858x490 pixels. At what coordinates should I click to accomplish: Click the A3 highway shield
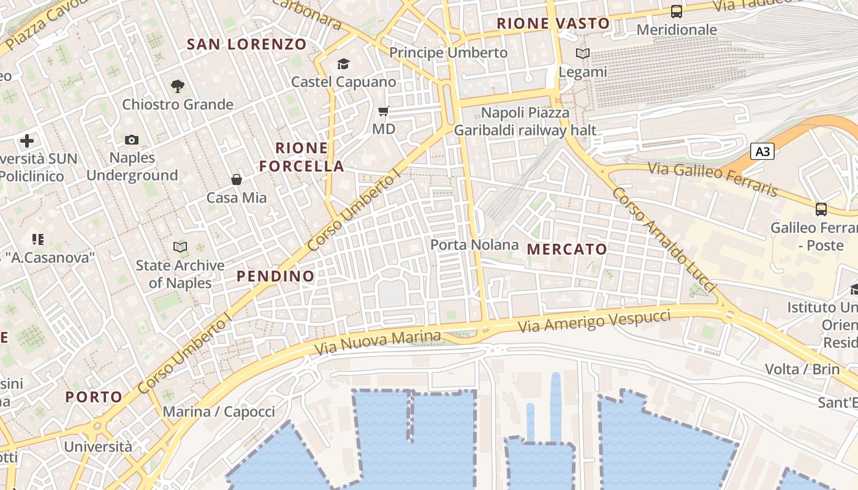pyautogui.click(x=762, y=151)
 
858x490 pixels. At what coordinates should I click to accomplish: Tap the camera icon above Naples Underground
pyautogui.click(x=132, y=140)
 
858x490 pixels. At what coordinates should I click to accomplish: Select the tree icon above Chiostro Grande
pyautogui.click(x=178, y=86)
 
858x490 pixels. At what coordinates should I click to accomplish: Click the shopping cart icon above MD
pyautogui.click(x=384, y=111)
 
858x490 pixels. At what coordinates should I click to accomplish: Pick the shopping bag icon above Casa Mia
pyautogui.click(x=237, y=179)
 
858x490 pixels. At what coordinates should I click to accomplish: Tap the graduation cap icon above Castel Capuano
pyautogui.click(x=343, y=64)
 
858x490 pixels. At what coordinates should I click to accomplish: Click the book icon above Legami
pyautogui.click(x=583, y=54)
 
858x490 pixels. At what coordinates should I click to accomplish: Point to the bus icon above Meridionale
pyautogui.click(x=677, y=12)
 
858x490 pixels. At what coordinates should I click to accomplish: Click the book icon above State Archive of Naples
pyautogui.click(x=180, y=247)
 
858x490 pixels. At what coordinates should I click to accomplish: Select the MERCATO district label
pyautogui.click(x=567, y=249)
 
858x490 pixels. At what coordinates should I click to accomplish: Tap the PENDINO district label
pyautogui.click(x=276, y=276)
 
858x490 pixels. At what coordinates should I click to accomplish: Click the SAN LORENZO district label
pyautogui.click(x=246, y=44)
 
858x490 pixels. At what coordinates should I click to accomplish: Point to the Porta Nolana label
pyautogui.click(x=474, y=245)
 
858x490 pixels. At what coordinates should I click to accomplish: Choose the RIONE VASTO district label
pyautogui.click(x=553, y=24)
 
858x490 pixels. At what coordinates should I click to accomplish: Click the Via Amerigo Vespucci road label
pyautogui.click(x=594, y=322)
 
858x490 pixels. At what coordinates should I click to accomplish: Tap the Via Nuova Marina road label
pyautogui.click(x=378, y=343)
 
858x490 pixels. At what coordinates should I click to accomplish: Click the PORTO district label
pyautogui.click(x=94, y=397)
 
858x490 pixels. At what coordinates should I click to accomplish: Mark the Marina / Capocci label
pyautogui.click(x=219, y=412)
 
